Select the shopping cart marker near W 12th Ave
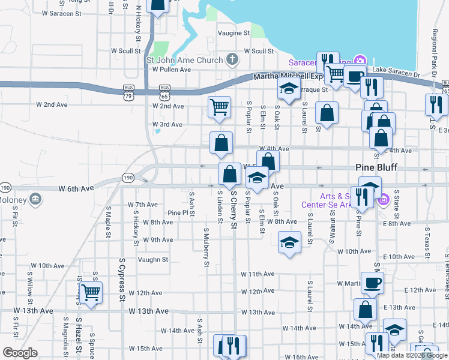pyautogui.click(x=91, y=292)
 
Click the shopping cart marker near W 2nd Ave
pyautogui.click(x=219, y=107)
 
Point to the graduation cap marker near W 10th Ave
pyautogui.click(x=289, y=243)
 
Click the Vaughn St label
pyautogui.click(x=152, y=260)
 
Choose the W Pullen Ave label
pyautogui.click(x=171, y=70)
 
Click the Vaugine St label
pyautogui.click(x=234, y=33)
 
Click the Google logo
pyautogui.click(x=20, y=353)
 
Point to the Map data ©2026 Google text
pyautogui.click(x=412, y=355)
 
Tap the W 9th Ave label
pyautogui.click(x=158, y=239)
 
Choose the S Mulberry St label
pyautogui.click(x=206, y=246)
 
